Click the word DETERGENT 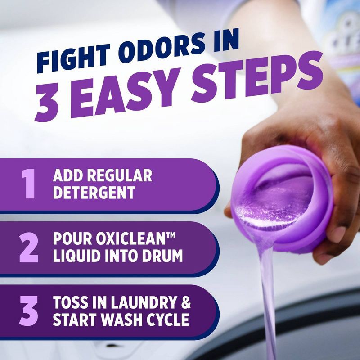(x=94, y=193)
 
